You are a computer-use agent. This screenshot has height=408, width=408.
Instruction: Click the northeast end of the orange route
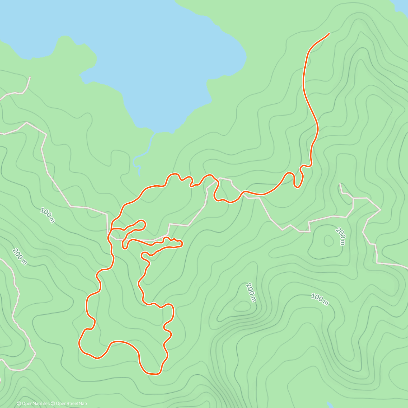[x=329, y=33]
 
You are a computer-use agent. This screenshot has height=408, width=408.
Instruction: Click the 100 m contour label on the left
[x=47, y=215]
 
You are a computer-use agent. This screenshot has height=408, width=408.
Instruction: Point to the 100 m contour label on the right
[x=320, y=300]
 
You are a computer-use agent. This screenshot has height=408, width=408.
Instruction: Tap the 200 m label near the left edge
[x=19, y=256]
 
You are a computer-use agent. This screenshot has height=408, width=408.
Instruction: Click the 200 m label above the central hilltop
[x=251, y=292]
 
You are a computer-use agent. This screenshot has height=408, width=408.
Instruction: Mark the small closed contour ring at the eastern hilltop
[x=328, y=241]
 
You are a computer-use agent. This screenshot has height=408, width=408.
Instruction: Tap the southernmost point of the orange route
[x=153, y=374]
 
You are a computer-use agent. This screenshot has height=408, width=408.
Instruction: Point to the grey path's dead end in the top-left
[x=30, y=77]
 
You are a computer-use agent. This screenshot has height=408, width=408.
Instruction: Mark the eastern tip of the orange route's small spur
[x=182, y=243]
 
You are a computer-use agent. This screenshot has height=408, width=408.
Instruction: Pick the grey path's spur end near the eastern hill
[x=340, y=184]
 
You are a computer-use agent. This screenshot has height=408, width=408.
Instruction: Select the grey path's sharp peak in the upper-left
[x=27, y=122]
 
